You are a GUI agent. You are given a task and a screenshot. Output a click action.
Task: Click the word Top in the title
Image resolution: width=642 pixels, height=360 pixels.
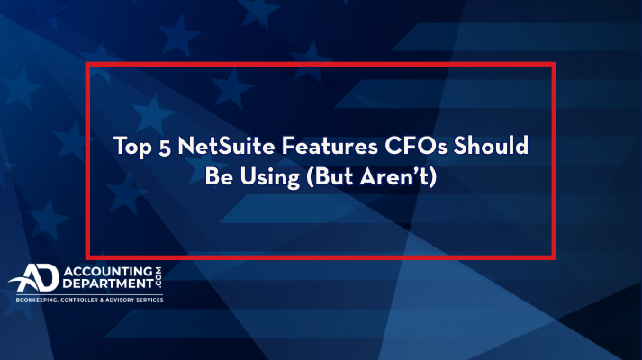coord(132,147)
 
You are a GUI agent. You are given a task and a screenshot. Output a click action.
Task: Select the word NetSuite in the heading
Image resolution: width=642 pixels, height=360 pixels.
coord(226,146)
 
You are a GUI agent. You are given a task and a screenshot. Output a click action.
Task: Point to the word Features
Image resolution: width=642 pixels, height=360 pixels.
coord(330,146)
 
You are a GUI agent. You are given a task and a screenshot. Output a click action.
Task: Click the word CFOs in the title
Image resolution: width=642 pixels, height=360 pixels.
coord(416,146)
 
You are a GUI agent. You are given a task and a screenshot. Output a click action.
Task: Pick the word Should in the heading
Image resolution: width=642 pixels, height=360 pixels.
coord(491,145)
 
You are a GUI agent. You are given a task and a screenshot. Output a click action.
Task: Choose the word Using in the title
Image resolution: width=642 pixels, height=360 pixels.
coord(269,178)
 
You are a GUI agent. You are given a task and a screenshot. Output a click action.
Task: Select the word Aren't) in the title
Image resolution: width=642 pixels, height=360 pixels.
coord(398,176)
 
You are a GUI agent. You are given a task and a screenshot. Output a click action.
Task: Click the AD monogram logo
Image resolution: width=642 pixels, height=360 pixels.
coord(33,278)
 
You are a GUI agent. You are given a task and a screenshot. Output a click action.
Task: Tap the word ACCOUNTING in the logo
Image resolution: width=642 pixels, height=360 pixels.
coord(108,272)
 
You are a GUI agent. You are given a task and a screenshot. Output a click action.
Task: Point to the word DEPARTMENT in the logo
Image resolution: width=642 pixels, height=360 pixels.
coord(108,283)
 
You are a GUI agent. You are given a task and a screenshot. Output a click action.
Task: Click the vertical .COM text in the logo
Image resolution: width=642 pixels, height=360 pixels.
coord(158,277)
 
